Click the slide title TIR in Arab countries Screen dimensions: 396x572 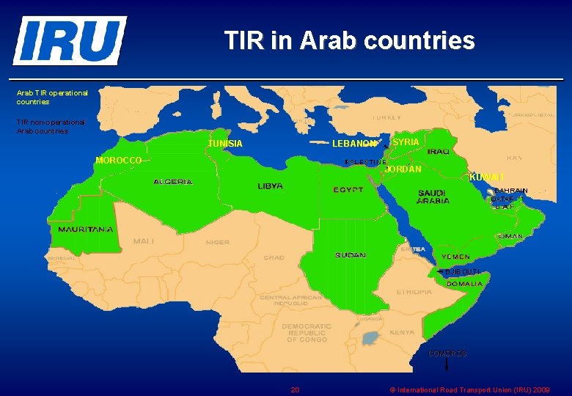(349, 40)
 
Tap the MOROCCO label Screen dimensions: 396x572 (119, 160)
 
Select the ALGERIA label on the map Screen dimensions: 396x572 (173, 181)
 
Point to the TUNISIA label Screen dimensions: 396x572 (225, 144)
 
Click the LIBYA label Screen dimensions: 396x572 (270, 186)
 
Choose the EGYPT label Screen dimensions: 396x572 (348, 190)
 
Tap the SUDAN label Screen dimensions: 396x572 (351, 255)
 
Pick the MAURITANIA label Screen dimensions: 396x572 (86, 230)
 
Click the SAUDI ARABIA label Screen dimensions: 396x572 (433, 197)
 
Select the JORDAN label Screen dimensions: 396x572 (403, 169)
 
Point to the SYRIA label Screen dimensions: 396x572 (406, 142)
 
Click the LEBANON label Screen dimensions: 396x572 (355, 144)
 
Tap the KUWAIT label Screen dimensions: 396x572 (487, 177)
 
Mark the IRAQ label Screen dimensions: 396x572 (439, 151)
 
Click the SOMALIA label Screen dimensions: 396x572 (465, 283)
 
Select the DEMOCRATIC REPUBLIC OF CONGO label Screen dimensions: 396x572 (307, 332)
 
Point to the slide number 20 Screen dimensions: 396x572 (295, 389)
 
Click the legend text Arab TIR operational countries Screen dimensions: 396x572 (52, 98)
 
